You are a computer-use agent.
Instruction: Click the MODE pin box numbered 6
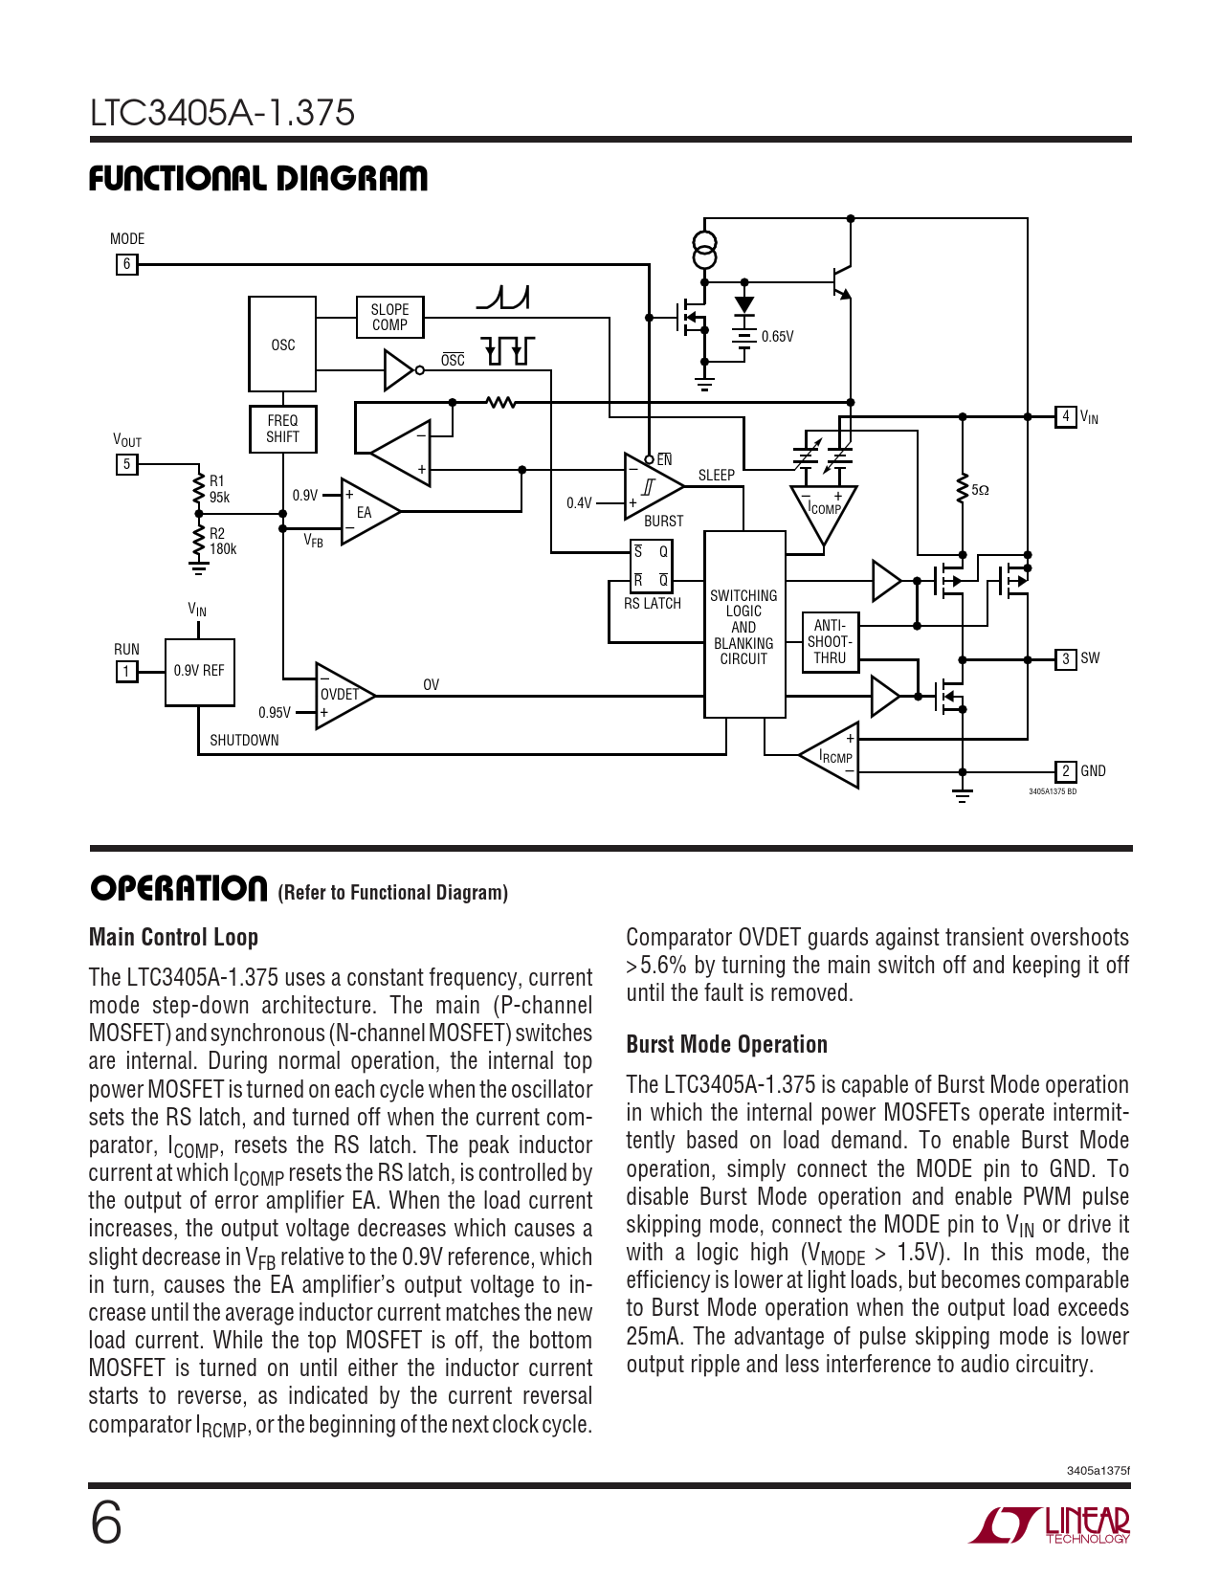(126, 264)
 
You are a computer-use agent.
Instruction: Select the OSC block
(282, 344)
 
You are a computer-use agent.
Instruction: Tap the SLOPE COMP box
(390, 317)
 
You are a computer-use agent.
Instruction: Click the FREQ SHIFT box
(282, 429)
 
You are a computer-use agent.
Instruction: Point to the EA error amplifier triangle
(366, 512)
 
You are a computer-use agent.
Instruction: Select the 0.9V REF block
(199, 672)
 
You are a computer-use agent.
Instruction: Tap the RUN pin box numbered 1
(126, 672)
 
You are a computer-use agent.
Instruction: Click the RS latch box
(651, 567)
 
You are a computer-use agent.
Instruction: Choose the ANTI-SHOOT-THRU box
(830, 642)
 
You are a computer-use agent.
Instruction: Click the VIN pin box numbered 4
(1065, 416)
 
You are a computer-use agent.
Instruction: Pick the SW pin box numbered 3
(1065, 659)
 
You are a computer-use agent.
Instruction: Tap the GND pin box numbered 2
(1065, 771)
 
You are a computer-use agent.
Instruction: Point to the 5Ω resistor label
(980, 491)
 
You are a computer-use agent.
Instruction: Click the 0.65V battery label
(778, 337)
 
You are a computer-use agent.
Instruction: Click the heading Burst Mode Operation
(726, 1044)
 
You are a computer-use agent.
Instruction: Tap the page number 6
(106, 1524)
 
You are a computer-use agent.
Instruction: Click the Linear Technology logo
(1050, 1525)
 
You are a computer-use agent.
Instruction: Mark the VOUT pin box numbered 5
(126, 464)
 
